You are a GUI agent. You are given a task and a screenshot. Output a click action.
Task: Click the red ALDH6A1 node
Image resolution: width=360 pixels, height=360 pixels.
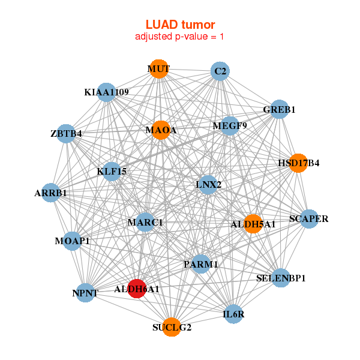tap(137, 289)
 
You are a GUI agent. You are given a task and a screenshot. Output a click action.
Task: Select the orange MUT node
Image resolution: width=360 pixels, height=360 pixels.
tap(158, 69)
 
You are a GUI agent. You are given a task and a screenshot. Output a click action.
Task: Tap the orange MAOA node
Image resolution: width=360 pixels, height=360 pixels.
tap(161, 130)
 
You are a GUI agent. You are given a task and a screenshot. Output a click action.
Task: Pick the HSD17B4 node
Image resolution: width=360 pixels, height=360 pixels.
tap(298, 163)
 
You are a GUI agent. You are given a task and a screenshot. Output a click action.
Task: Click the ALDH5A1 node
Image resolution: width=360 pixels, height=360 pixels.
tap(253, 224)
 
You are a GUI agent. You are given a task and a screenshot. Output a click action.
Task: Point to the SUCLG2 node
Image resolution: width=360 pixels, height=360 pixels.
tap(172, 327)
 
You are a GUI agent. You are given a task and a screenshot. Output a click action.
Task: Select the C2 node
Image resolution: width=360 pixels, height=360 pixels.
tap(220, 71)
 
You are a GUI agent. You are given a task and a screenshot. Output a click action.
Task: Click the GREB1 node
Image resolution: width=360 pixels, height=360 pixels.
tap(279, 110)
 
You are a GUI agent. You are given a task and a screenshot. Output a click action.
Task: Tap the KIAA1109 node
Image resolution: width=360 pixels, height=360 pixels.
tap(106, 92)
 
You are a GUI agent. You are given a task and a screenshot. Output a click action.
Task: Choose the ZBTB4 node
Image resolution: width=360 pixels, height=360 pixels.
tap(66, 133)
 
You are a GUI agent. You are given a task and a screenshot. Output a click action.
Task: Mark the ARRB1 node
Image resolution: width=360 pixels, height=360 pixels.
tap(51, 193)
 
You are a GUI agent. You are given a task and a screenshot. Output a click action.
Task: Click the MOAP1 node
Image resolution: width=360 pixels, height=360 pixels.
tap(72, 241)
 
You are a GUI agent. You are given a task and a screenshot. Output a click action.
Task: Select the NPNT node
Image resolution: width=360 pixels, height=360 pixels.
tap(85, 293)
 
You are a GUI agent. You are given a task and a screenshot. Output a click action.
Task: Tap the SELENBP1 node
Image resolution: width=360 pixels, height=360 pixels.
tap(281, 278)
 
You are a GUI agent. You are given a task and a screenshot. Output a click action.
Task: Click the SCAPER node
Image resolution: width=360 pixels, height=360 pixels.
tap(308, 219)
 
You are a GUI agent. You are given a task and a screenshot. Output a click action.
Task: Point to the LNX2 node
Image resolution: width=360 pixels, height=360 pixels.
tap(208, 184)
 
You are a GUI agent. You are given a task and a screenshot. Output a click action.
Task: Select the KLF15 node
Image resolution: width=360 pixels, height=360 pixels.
tap(112, 171)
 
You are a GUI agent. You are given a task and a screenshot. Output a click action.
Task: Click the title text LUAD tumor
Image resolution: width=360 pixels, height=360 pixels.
tap(180, 24)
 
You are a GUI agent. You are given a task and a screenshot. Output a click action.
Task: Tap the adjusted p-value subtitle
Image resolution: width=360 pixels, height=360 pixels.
tap(180, 37)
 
